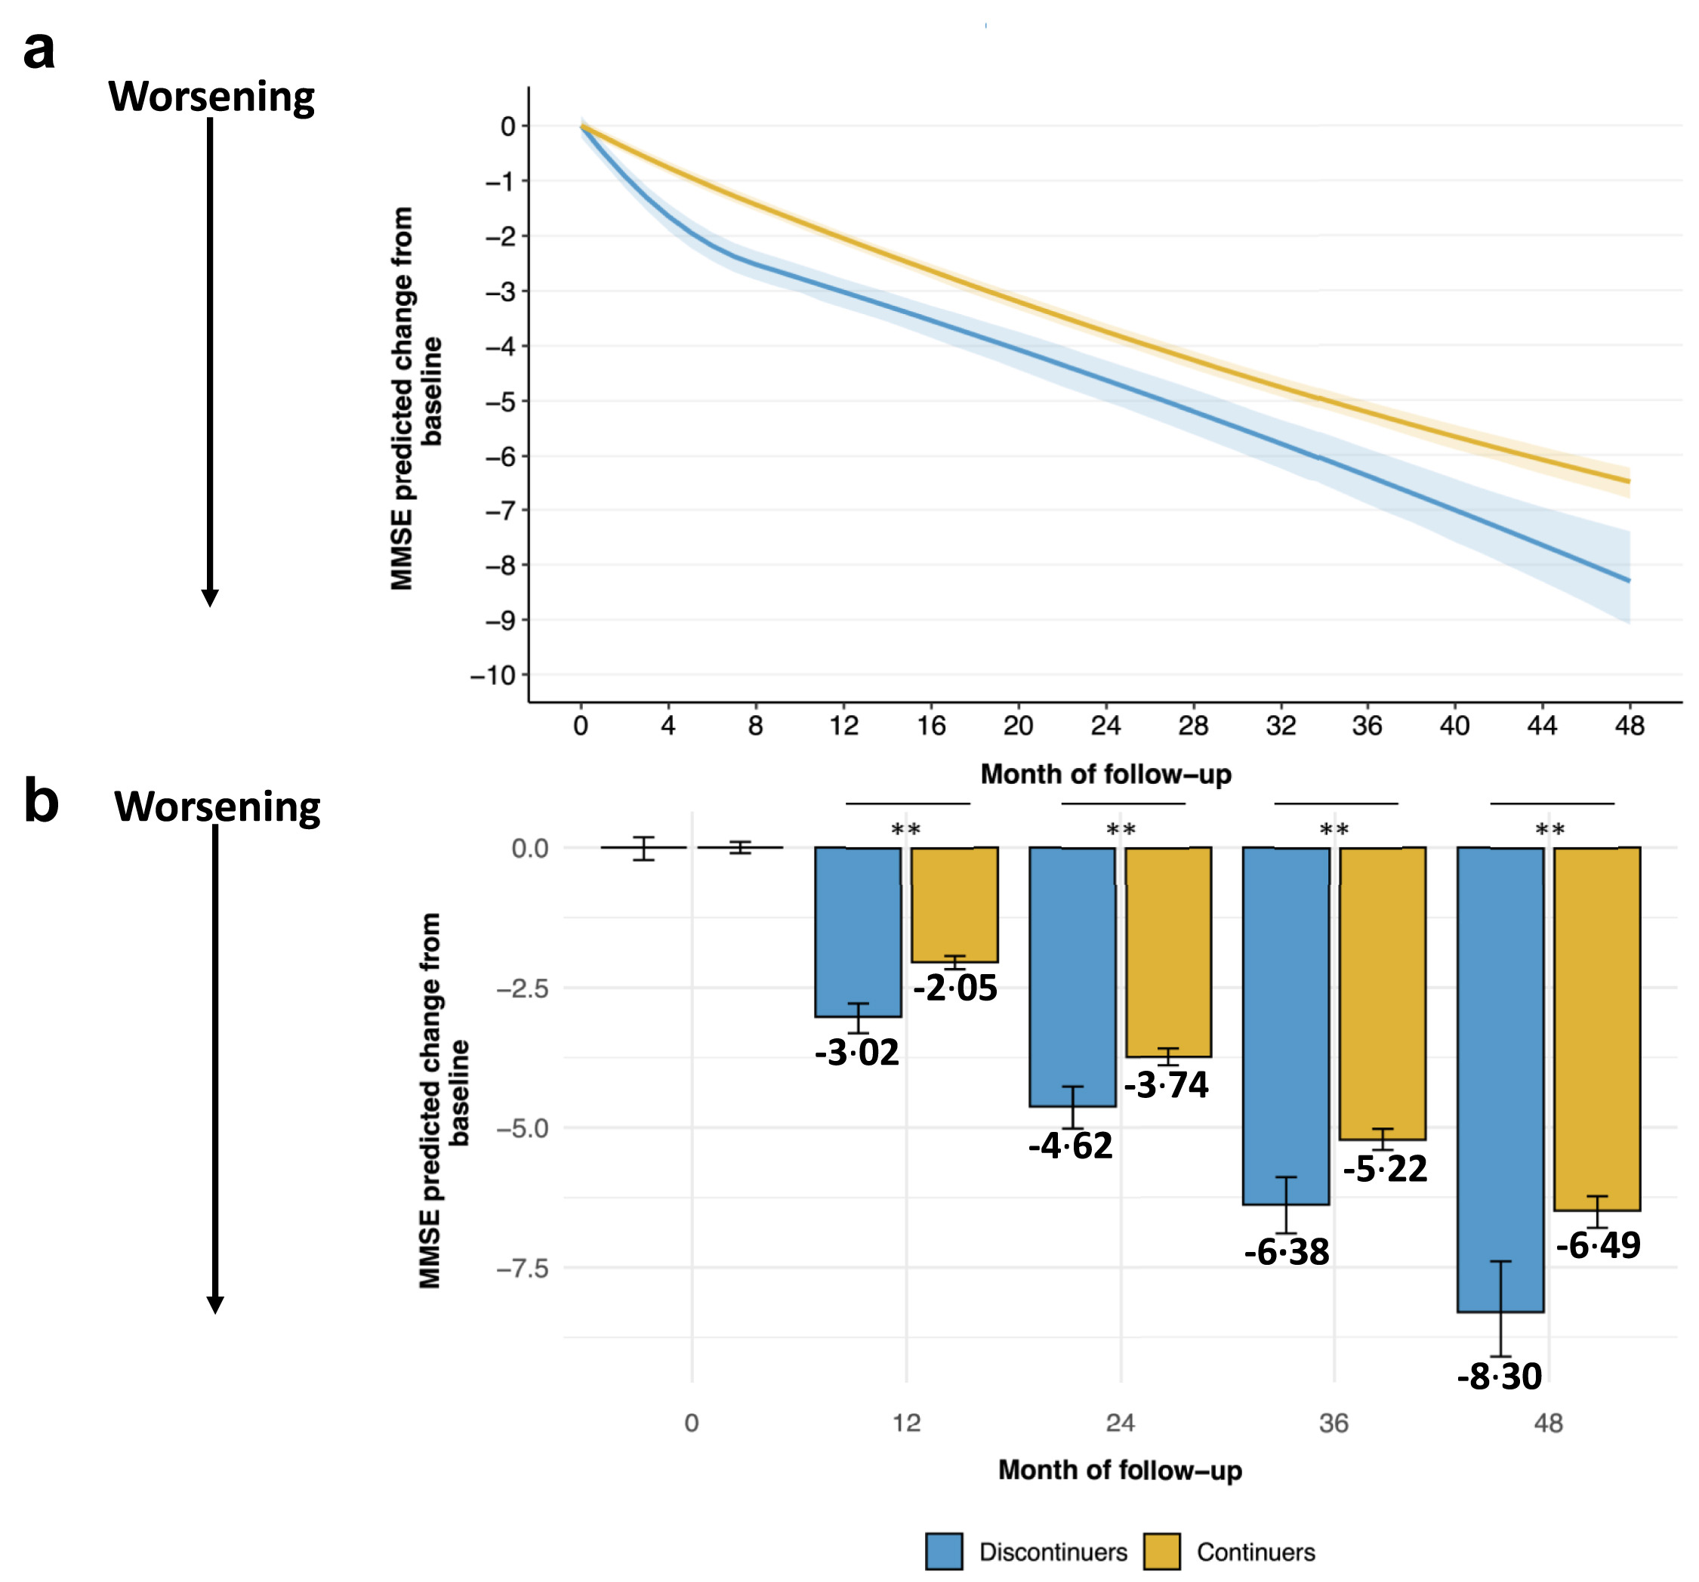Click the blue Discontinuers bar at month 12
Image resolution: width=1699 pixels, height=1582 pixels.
(857, 932)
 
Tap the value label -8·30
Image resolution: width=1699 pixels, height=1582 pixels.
(1499, 1376)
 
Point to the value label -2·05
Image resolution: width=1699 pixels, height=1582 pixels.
(954, 988)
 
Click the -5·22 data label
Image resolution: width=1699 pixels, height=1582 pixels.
(1385, 1168)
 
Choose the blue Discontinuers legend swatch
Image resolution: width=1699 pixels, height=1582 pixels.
(943, 1551)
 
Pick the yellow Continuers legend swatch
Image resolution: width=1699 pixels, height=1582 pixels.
(1161, 1551)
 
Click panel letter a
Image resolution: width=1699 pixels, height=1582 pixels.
(39, 50)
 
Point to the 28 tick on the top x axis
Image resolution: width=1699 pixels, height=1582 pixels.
(1193, 726)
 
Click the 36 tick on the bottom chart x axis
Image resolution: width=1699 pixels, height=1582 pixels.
(1334, 1423)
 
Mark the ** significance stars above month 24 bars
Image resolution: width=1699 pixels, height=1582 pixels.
(1121, 830)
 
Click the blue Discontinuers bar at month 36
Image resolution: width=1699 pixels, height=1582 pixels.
(1285, 1025)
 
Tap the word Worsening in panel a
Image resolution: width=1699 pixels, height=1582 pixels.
(211, 97)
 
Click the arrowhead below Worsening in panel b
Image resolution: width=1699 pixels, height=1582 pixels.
(215, 1304)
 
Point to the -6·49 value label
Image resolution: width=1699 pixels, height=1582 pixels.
(1597, 1245)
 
